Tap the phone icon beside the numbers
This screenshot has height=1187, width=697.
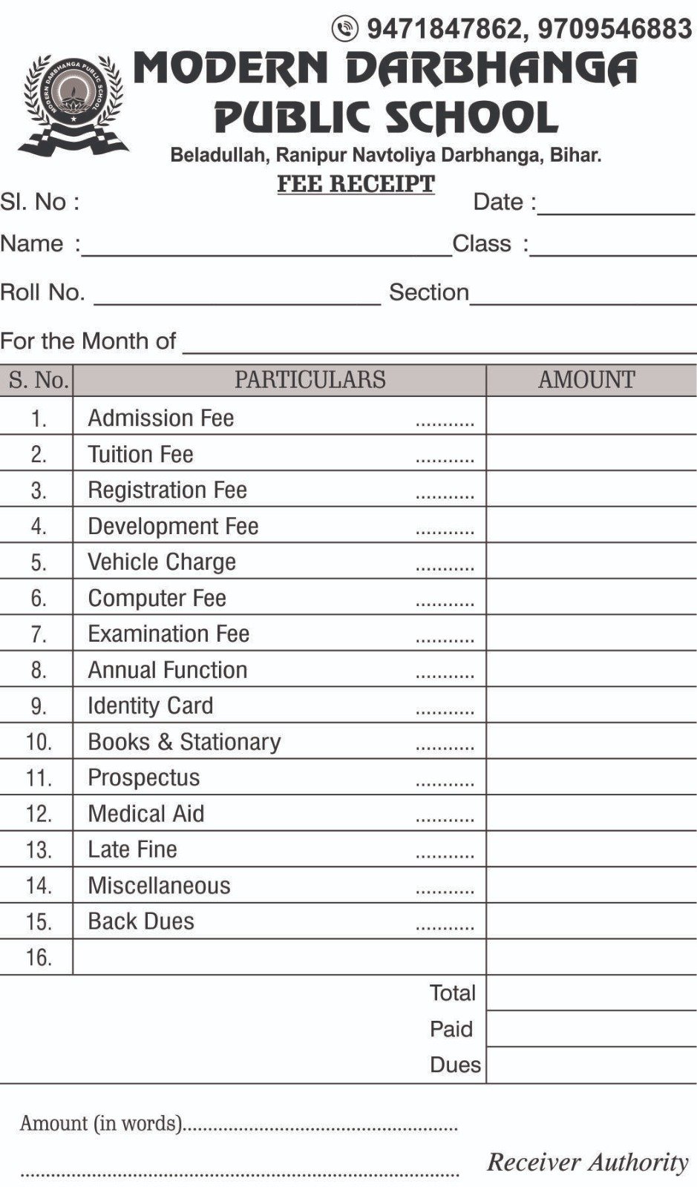[x=344, y=29]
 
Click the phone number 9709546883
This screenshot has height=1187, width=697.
[x=615, y=29]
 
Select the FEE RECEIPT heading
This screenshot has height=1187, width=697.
[x=356, y=183]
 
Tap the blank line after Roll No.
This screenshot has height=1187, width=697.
[x=238, y=297]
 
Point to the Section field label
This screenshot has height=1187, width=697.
[x=428, y=292]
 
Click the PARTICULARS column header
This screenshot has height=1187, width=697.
[x=310, y=380]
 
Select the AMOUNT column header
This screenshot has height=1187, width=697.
[x=586, y=380]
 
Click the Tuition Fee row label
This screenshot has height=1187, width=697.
[x=140, y=454]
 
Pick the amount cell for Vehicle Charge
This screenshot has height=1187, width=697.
[x=591, y=562]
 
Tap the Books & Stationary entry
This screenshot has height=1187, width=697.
[x=184, y=742]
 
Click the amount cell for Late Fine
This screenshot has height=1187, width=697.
[x=591, y=849]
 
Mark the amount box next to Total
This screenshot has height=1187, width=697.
[x=591, y=993]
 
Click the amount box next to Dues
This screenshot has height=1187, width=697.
[x=591, y=1065]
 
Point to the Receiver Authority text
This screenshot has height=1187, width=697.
[x=588, y=1162]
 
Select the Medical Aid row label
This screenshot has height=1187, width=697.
[x=145, y=814]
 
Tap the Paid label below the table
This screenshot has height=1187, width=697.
[x=451, y=1029]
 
